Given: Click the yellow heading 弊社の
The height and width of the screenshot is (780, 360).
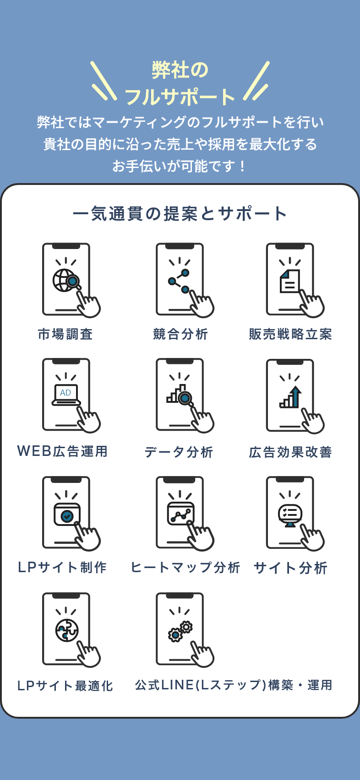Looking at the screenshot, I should pyautogui.click(x=180, y=70).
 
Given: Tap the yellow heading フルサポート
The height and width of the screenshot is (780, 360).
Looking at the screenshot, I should pyautogui.click(x=180, y=97).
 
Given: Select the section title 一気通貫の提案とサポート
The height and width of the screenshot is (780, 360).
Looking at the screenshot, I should pyautogui.click(x=180, y=214).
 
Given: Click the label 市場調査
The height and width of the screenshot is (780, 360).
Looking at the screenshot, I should pyautogui.click(x=65, y=334).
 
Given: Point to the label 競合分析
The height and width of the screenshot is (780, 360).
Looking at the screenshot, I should pyautogui.click(x=180, y=334).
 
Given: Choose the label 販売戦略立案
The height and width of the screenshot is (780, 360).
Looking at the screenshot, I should pyautogui.click(x=290, y=334).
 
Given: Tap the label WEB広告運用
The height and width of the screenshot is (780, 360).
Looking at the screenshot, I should pyautogui.click(x=62, y=451).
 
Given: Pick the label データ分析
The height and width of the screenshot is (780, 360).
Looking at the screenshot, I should pyautogui.click(x=179, y=452).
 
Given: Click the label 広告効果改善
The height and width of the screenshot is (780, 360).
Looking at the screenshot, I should pyautogui.click(x=290, y=452).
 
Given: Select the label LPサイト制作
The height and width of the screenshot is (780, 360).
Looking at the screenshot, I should pyautogui.click(x=62, y=568).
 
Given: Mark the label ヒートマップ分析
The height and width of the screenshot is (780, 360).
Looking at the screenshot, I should pyautogui.click(x=185, y=568).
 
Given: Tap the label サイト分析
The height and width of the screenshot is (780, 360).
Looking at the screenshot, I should pyautogui.click(x=290, y=568).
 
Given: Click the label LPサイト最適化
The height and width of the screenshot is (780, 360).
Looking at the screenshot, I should pyautogui.click(x=65, y=686).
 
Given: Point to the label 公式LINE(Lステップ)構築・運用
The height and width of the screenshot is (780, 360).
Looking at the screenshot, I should pyautogui.click(x=234, y=685).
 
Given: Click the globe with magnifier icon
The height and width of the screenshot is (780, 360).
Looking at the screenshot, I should pyautogui.click(x=66, y=280).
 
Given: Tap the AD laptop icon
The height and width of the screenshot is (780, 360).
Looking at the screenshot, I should pyautogui.click(x=66, y=395).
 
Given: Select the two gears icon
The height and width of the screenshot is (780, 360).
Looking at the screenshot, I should pyautogui.click(x=180, y=631).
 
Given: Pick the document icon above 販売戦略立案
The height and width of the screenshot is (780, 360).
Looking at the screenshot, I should pyautogui.click(x=290, y=281).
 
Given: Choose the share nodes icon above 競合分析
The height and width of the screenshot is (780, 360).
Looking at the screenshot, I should pyautogui.click(x=179, y=281).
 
